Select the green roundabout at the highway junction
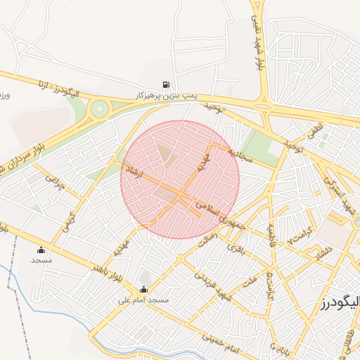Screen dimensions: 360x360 (x=101, y=108)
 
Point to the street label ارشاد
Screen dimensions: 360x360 (x=133, y=171)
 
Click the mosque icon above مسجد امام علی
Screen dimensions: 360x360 (x=144, y=290)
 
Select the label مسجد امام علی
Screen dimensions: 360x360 (x=144, y=300)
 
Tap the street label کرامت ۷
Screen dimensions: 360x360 (x=300, y=234)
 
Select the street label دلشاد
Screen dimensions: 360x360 (x=321, y=253)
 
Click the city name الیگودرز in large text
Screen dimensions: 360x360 (x=340, y=303)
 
